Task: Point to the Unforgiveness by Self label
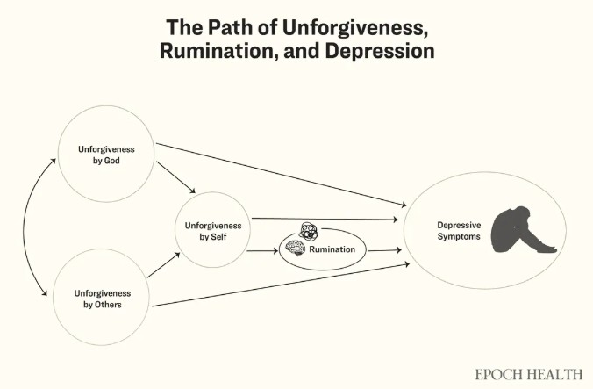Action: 213,231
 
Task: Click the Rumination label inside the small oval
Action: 332,250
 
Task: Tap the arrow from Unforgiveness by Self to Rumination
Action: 262,251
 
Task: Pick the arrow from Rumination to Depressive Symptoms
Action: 384,251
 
